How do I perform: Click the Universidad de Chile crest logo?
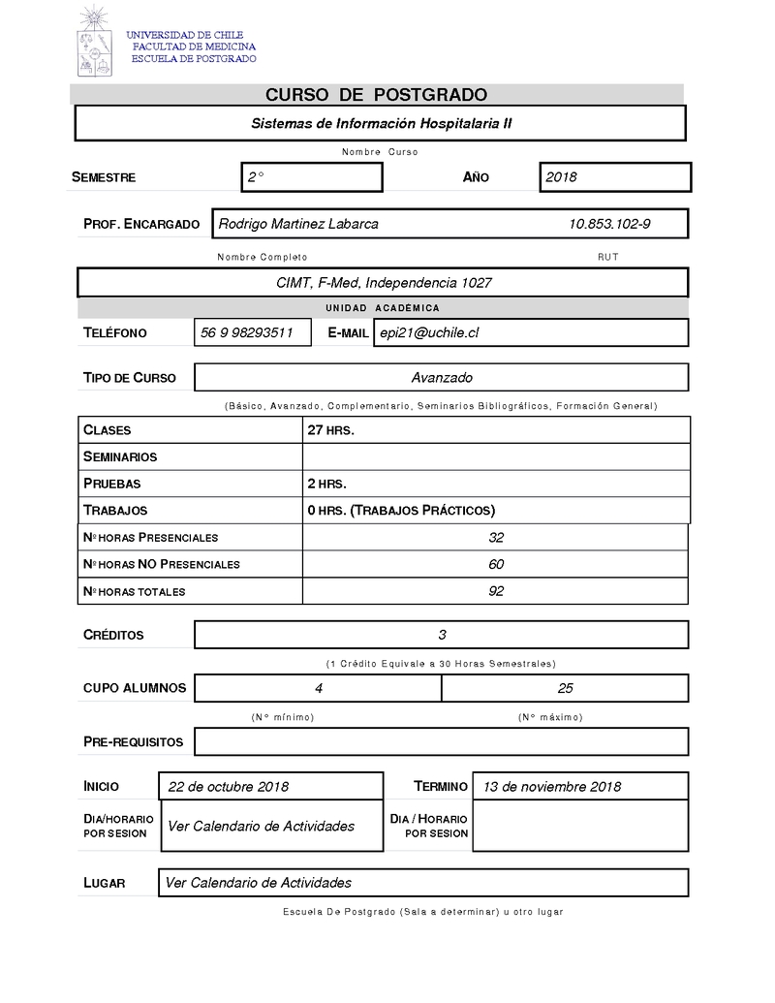pos(95,42)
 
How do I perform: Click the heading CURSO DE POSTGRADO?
pos(376,95)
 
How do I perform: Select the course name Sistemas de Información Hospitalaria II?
pos(381,124)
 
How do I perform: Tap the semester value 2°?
pos(256,177)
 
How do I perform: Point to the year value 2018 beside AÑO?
pos(561,177)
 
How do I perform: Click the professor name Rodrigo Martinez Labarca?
pos(298,224)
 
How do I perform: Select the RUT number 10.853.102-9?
pos(609,224)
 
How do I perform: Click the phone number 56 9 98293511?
pos(247,332)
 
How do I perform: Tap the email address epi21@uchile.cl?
pos(429,332)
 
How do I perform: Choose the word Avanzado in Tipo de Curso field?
pos(442,377)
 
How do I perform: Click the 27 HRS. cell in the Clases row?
pos(330,430)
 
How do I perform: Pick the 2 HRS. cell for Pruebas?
pos(326,484)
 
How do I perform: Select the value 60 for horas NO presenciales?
pos(496,564)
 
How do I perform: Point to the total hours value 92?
pos(496,591)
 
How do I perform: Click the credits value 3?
pos(442,635)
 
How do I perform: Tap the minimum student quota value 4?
pos(319,688)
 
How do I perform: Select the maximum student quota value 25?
pos(565,688)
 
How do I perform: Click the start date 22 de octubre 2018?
pos(228,786)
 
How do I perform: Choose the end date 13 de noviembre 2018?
pos(552,786)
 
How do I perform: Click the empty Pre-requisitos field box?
pos(442,741)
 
